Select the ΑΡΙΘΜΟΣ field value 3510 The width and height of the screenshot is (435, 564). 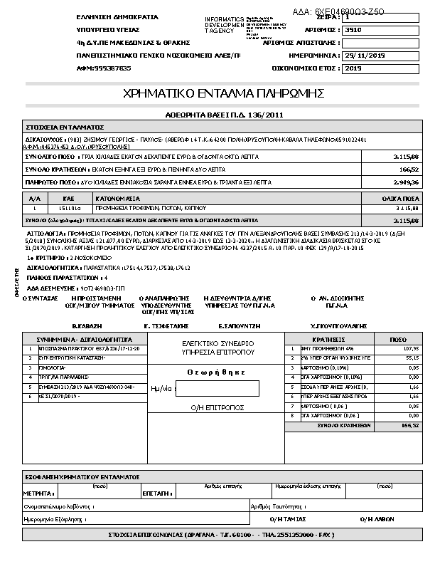[353, 31]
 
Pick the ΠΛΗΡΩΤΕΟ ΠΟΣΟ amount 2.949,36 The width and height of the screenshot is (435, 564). [407, 182]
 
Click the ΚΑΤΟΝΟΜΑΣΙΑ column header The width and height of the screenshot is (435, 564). [119, 197]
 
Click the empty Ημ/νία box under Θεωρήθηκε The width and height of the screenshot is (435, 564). [217, 388]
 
